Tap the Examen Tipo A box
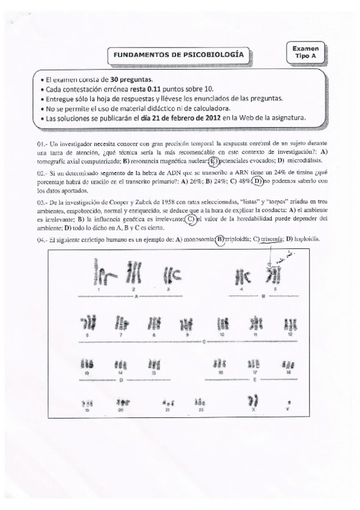click(306, 51)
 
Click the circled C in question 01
click(213, 161)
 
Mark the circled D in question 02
click(258, 180)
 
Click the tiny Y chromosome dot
click(290, 402)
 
